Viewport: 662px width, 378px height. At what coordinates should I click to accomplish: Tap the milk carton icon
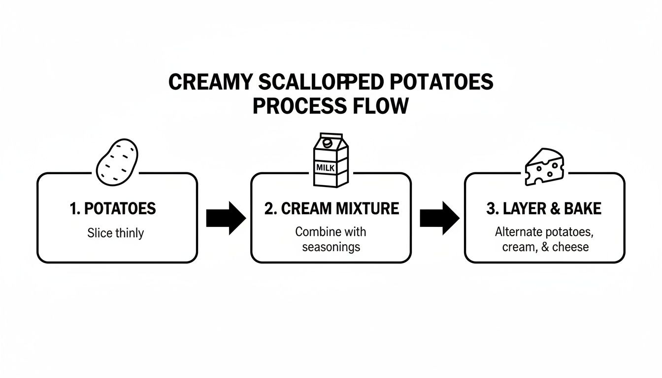tap(331, 160)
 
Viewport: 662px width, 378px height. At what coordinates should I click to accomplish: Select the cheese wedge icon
tap(543, 167)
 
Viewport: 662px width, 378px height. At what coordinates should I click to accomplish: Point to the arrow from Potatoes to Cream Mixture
tap(225, 218)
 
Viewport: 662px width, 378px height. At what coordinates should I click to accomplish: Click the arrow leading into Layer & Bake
tap(439, 218)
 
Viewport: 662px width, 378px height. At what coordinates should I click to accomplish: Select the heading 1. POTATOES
tap(113, 209)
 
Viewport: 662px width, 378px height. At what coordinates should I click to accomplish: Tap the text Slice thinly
tap(115, 233)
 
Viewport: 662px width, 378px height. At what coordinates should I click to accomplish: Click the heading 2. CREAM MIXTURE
tap(331, 209)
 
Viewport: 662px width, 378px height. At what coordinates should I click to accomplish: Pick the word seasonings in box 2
tap(331, 247)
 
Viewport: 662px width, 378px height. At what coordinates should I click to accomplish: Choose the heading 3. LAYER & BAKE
tap(544, 209)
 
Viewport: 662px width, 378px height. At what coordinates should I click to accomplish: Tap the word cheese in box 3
tap(570, 247)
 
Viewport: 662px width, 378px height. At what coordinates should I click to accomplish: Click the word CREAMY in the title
tap(210, 83)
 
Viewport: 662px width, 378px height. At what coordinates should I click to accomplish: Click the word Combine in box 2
tap(315, 231)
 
